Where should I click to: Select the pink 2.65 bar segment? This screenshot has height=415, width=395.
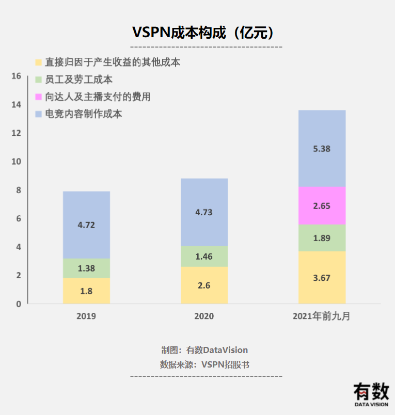point(322,205)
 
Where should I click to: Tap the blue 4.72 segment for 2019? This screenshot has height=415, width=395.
point(86,225)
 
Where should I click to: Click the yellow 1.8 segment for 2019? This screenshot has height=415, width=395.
point(86,291)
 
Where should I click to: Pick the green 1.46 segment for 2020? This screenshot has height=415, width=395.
point(204,256)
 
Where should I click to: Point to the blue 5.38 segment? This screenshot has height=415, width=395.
point(322,149)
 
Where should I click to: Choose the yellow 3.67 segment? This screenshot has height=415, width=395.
point(322,278)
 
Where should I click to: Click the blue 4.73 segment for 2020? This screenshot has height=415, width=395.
point(204,212)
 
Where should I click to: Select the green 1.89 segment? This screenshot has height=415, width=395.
point(322,238)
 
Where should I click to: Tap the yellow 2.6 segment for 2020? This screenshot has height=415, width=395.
point(204,285)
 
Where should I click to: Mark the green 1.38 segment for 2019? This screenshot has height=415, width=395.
point(86,268)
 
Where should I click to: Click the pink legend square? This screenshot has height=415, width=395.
point(38,97)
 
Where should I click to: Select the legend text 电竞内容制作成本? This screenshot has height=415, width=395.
point(83,114)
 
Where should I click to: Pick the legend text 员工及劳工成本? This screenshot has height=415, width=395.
point(78,79)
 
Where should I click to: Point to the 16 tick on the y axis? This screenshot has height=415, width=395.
point(16,76)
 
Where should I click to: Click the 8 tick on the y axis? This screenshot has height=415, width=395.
point(18,190)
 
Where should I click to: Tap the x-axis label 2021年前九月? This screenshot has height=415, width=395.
point(322,316)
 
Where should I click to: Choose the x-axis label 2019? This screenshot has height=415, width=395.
point(86,316)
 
